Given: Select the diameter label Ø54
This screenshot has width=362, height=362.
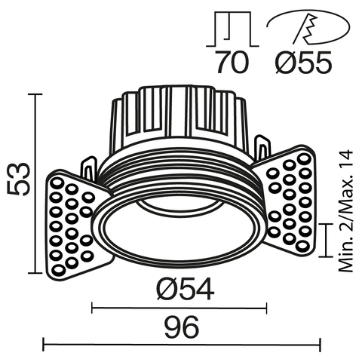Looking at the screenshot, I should [182, 288].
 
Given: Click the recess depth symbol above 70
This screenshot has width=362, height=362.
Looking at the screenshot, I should [231, 29].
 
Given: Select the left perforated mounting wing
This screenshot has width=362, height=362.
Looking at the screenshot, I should [72, 225].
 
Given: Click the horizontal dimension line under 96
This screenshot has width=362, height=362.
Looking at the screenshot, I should [181, 346].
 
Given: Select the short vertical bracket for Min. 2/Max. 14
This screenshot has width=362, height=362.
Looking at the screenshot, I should [326, 240].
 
